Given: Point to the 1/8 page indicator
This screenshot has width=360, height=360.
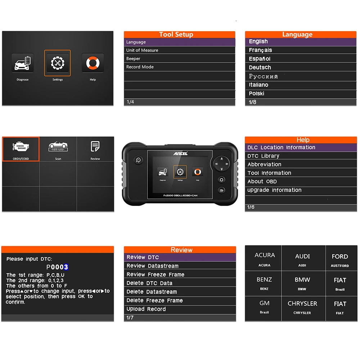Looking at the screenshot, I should (x=253, y=102).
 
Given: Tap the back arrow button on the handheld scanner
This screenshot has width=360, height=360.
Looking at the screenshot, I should (x=221, y=190).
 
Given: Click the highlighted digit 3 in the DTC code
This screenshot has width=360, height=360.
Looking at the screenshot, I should (x=66, y=267).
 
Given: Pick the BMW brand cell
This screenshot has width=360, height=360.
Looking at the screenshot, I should (x=302, y=283).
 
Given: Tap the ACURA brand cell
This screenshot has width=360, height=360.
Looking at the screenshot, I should (x=265, y=259).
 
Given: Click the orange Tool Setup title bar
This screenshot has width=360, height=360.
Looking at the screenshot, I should (x=179, y=35).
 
